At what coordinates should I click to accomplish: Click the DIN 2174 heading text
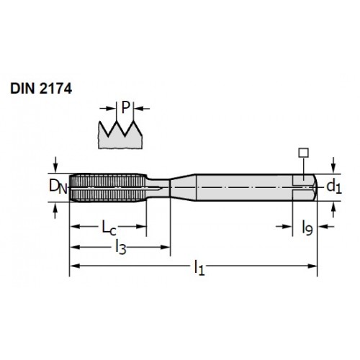coord(41,89)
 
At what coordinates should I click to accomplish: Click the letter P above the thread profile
coord(125,107)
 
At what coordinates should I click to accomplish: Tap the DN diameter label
coord(58,186)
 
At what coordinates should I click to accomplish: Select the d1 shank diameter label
coord(334,186)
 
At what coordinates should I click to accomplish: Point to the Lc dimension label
coord(109,228)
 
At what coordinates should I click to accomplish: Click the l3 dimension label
coord(121,247)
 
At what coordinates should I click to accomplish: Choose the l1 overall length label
coord(199,268)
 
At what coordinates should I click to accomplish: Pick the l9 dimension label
coord(307,228)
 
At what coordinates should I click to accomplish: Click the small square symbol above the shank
coord(303,153)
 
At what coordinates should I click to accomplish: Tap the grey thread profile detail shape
coord(120,135)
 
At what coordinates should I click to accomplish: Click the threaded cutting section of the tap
coord(108,187)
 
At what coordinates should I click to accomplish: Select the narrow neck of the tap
coord(158,187)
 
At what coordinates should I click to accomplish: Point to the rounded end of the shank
coord(315,187)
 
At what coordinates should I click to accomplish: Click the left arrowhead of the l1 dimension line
coord(74,266)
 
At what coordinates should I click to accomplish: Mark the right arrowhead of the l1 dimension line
coord(312,266)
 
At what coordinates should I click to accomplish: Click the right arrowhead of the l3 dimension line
coord(166,247)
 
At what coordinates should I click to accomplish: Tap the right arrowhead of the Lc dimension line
coord(141,227)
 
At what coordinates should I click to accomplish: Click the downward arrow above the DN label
coord(55,165)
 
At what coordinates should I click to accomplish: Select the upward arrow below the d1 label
coord(333,210)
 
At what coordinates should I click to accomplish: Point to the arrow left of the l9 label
coord(284,226)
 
